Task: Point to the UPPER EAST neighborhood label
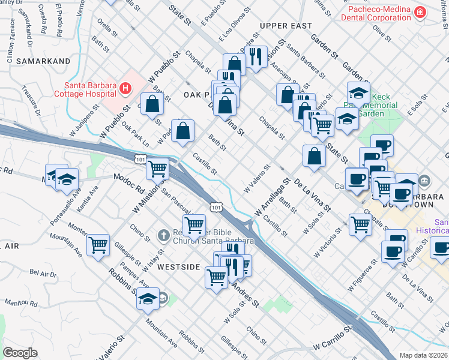tap(286, 26)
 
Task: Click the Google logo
tap(20, 353)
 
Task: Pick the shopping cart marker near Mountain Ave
tap(98, 244)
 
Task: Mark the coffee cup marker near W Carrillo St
tap(395, 250)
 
